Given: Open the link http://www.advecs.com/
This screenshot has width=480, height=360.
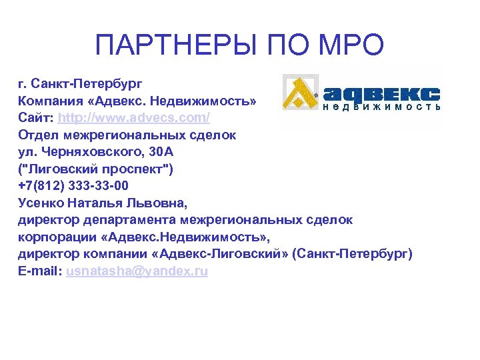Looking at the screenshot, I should point(134,118).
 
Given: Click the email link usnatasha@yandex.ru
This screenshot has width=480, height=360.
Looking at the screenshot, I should point(137,272).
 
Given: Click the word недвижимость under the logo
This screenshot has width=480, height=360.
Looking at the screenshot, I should point(381,107).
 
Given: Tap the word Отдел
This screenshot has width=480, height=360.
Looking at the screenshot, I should point(37,135).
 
